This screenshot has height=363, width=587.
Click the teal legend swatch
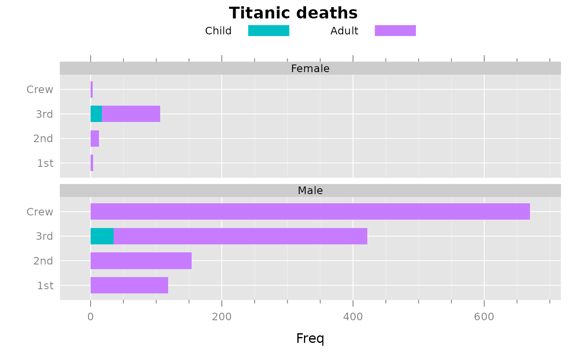coord(268,31)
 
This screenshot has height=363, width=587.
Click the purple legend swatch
coord(395,31)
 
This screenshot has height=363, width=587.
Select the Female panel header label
coord(310,69)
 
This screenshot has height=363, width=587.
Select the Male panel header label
coord(310,191)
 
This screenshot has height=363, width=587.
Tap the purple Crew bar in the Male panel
coord(310,212)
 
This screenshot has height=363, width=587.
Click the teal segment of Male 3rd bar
coord(102,236)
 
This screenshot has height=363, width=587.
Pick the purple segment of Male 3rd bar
coord(240,236)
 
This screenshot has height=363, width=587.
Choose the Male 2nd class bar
coord(141,261)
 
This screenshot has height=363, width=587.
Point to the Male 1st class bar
coord(129,285)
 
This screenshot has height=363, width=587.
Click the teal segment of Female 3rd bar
coord(96,114)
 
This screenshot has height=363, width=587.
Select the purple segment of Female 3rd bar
coord(131,114)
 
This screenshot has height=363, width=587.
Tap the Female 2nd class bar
coord(95,138)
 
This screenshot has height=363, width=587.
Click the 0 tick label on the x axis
coord(91,317)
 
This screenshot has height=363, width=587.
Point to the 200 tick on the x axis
coord(221,317)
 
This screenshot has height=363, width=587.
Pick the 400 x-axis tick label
coord(353,317)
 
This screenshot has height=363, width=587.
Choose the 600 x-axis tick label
coord(484,317)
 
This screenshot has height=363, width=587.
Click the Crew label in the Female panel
coord(40,90)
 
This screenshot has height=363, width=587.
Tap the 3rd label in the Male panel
coord(44,236)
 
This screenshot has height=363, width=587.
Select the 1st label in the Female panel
coord(45,163)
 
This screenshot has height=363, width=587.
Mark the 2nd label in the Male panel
coord(43,261)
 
